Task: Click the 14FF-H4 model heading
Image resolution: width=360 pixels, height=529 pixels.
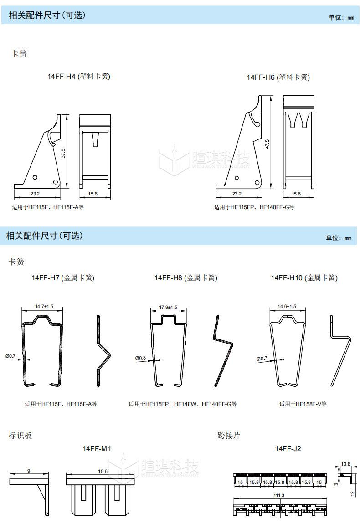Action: click(79, 77)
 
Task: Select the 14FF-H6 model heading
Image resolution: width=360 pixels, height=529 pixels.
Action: click(278, 77)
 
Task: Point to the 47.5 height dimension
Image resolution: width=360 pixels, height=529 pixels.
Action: click(267, 144)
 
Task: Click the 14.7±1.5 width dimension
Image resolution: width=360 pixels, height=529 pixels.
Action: click(44, 307)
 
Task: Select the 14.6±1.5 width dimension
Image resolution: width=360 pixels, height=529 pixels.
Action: click(287, 307)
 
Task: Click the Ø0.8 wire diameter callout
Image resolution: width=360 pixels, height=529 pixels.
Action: click(140, 358)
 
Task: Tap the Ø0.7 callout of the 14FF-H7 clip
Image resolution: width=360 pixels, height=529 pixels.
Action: click(10, 356)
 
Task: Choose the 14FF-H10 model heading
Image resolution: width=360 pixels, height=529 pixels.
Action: click(304, 277)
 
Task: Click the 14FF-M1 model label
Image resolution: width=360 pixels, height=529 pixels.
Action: click(97, 449)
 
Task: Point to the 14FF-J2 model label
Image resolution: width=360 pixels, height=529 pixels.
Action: click(288, 449)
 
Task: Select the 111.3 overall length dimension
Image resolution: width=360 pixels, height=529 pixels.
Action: click(280, 495)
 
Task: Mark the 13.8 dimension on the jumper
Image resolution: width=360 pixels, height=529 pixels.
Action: click(346, 464)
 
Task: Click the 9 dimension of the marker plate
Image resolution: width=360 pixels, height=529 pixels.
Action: click(28, 471)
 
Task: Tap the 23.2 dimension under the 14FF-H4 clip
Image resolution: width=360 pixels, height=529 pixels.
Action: click(35, 194)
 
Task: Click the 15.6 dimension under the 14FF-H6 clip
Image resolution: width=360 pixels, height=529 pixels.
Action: click(296, 194)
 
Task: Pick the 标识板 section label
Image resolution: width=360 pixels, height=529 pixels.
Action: click(21, 436)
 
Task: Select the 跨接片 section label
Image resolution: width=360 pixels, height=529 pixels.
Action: click(229, 436)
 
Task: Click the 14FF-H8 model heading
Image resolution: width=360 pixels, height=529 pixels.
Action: click(185, 277)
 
